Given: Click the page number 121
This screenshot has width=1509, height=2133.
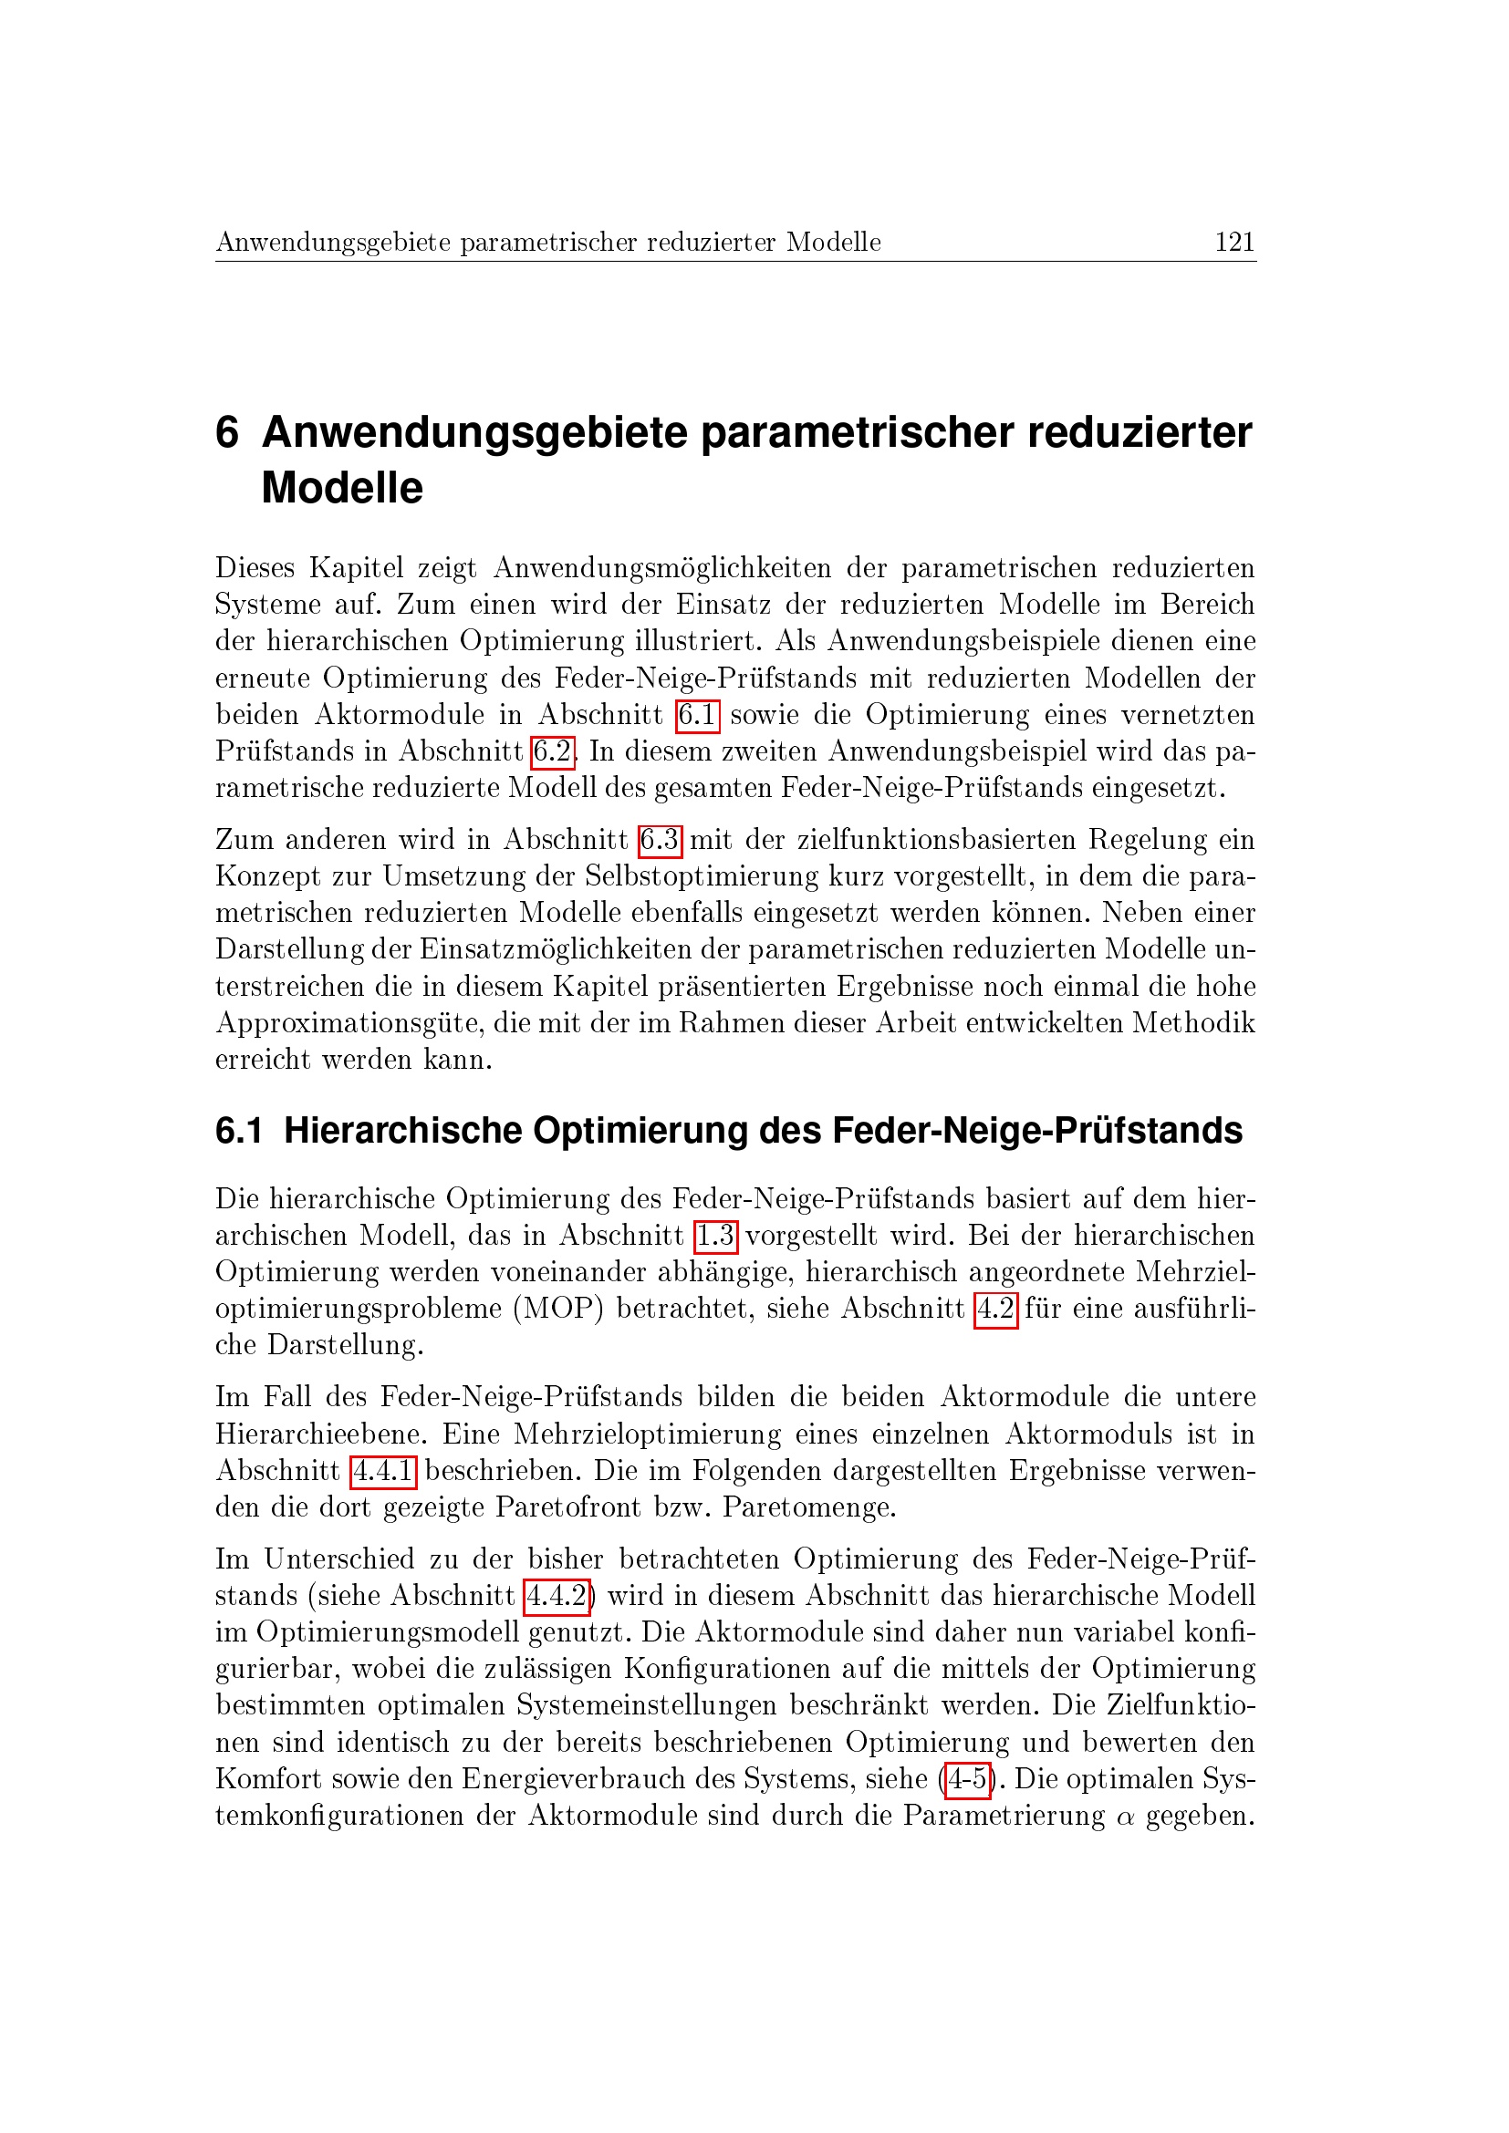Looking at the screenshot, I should [1234, 243].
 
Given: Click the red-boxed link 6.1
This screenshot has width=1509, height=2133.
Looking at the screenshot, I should [697, 714].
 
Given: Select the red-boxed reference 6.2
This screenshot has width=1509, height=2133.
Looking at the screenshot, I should [552, 751].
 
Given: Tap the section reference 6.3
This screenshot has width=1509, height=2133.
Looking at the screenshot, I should [660, 840].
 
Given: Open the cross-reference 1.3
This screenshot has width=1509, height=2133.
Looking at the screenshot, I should [715, 1236].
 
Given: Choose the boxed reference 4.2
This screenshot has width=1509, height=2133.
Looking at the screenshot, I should [995, 1309].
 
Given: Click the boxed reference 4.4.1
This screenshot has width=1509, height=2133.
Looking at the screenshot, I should [383, 1471].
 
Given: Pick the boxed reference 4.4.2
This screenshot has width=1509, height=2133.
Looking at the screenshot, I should [557, 1595].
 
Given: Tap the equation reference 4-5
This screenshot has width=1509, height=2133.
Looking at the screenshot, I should [966, 1778].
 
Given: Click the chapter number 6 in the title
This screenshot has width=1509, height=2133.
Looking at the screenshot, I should [227, 433].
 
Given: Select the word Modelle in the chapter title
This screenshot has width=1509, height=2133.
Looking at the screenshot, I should [342, 489].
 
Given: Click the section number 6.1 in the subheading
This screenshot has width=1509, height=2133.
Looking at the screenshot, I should [239, 1131].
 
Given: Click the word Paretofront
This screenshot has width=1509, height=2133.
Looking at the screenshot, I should [567, 1507].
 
